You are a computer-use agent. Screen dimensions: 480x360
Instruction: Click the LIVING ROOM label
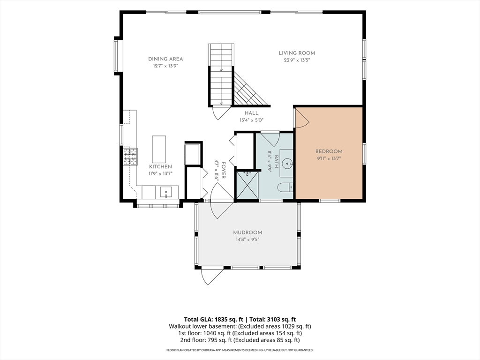click(297, 53)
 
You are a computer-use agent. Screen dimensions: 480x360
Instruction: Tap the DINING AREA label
click(165, 59)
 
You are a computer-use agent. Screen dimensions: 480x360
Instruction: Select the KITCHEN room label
click(160, 166)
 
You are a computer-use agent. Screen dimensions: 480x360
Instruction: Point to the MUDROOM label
click(247, 232)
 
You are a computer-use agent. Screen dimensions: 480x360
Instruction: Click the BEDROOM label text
click(329, 151)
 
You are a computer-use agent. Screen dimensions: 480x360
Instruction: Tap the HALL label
click(251, 113)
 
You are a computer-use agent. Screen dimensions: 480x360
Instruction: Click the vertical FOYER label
click(224, 171)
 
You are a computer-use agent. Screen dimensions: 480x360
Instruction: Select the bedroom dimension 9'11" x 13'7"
click(329, 158)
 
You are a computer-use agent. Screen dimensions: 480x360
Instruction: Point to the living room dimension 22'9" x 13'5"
click(297, 60)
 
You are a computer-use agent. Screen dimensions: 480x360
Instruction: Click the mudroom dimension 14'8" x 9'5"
click(247, 240)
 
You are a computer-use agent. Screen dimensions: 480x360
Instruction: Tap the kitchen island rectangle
click(159, 150)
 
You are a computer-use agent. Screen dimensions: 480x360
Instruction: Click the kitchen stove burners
click(130, 157)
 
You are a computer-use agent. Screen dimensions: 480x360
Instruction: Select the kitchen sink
click(165, 192)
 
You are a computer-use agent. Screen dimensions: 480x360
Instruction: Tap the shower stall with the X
click(246, 185)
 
